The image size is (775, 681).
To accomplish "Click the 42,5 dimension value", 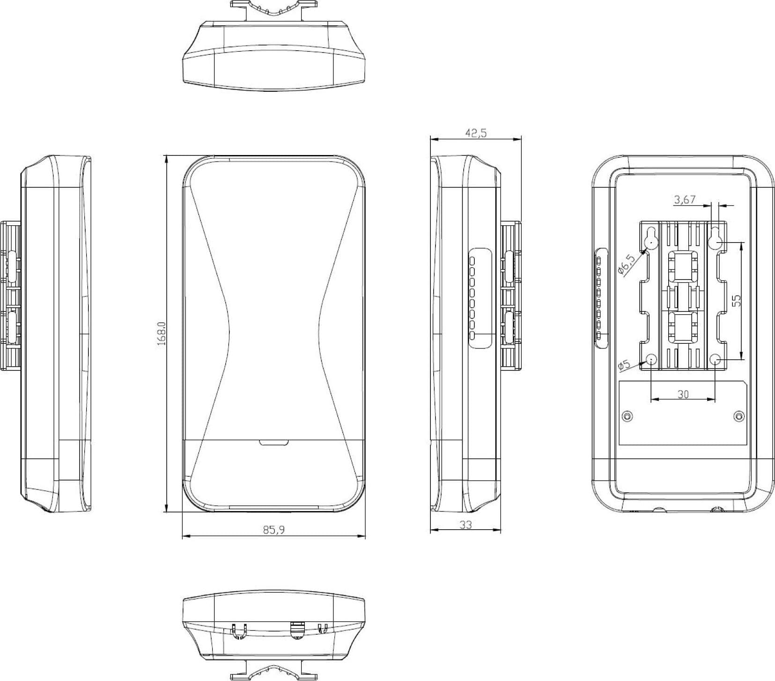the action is (476, 133).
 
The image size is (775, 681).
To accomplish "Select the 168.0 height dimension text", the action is (162, 333).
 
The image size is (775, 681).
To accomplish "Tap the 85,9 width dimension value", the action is (274, 529).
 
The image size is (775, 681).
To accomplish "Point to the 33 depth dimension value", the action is (465, 525).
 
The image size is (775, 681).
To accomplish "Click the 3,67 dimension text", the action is (685, 200).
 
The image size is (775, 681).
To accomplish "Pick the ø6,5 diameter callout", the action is (626, 265).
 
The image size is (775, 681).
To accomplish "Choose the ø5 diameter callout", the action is (624, 365).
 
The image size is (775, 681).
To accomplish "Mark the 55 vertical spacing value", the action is (737, 300).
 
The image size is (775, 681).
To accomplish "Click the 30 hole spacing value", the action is (683, 394).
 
